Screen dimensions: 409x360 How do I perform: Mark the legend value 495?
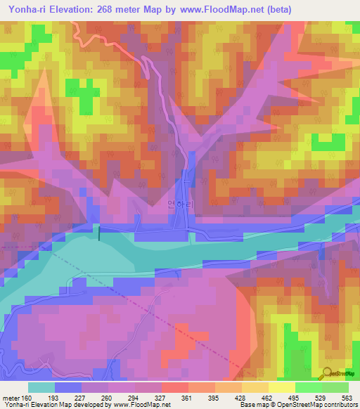point(295,398)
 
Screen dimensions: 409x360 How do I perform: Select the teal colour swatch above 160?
point(41,387)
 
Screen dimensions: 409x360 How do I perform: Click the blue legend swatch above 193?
point(68,387)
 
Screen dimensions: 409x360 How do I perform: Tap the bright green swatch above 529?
point(308,387)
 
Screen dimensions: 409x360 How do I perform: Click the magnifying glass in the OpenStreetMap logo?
point(327,372)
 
